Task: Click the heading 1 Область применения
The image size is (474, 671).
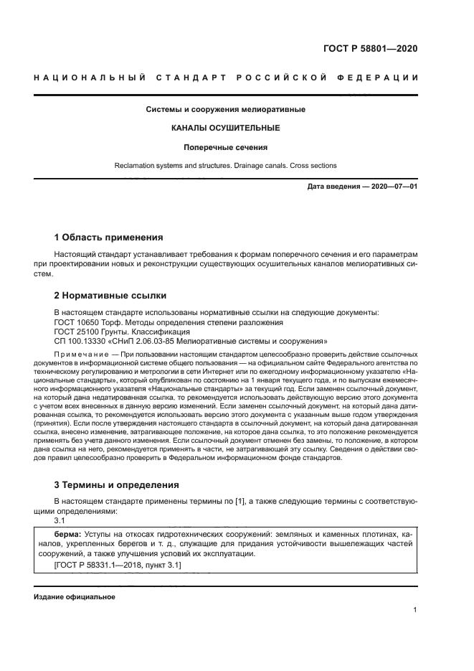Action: tap(109, 237)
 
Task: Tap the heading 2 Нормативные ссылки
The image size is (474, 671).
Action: tap(110, 295)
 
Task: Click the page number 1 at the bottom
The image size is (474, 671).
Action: tap(415, 610)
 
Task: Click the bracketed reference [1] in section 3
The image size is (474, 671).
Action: tap(240, 500)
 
